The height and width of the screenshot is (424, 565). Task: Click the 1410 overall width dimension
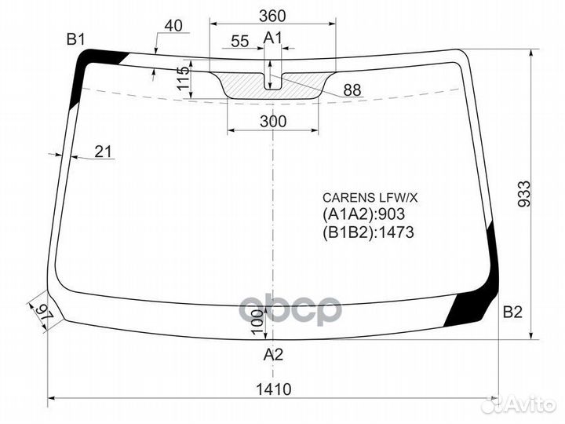click(x=272, y=389)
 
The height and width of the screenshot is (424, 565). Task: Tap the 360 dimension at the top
click(x=272, y=16)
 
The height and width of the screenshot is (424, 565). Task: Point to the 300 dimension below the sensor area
click(x=272, y=122)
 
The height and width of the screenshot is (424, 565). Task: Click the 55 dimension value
click(x=241, y=41)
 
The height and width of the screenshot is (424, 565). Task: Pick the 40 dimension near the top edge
click(x=173, y=26)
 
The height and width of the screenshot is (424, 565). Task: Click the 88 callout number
click(x=352, y=90)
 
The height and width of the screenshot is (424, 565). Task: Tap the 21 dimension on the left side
click(x=104, y=152)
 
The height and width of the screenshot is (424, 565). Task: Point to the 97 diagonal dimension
click(x=43, y=312)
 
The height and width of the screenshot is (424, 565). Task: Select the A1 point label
click(x=272, y=38)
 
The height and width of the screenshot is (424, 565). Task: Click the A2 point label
click(x=272, y=354)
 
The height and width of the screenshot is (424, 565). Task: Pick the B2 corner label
click(x=512, y=313)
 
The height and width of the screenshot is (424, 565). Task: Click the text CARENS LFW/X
click(x=362, y=199)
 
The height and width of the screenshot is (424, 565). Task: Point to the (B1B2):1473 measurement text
click(x=367, y=232)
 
